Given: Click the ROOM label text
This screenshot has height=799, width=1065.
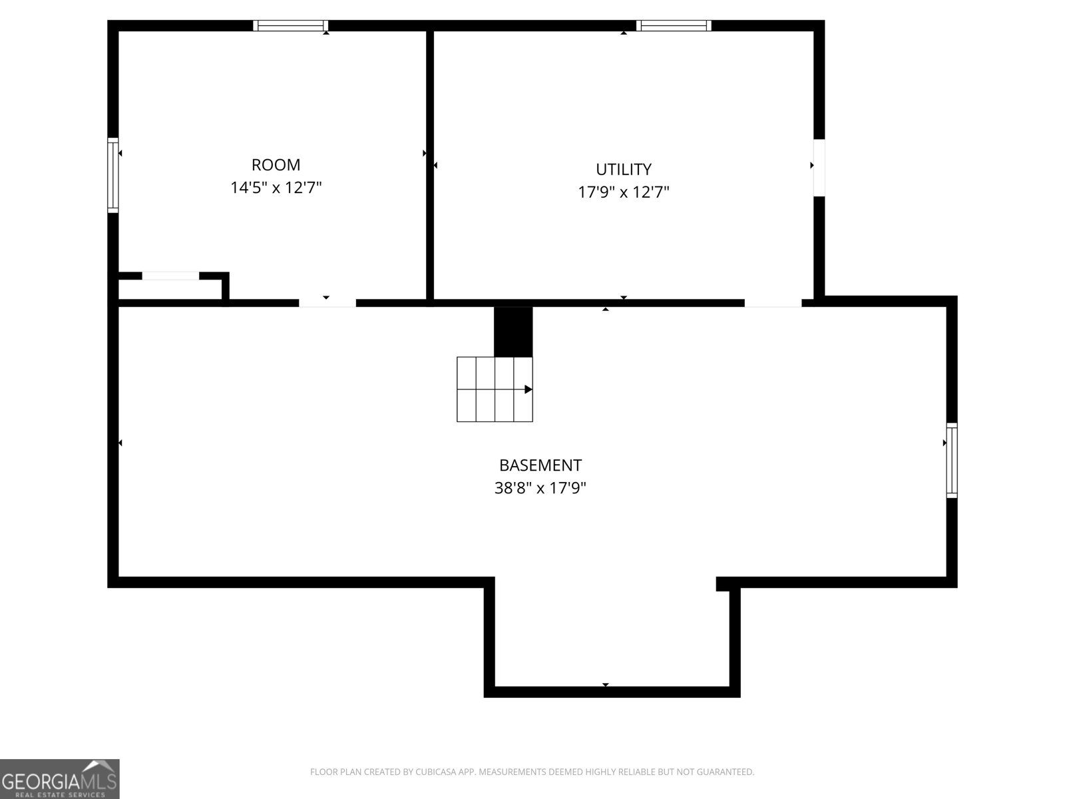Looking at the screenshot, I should pos(276,164).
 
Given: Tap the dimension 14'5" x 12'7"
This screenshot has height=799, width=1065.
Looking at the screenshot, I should pos(276,188).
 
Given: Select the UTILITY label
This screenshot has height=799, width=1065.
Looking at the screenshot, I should pos(623,169).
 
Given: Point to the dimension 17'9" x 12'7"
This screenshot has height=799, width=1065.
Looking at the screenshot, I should pos(623,192).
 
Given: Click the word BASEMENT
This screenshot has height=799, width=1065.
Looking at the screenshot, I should pos(540,465).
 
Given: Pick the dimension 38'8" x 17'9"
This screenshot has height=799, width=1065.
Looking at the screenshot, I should pos(540,488).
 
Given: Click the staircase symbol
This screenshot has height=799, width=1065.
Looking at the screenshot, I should pos(495,390).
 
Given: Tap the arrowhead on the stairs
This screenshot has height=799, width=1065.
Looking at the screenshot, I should pos(528,390).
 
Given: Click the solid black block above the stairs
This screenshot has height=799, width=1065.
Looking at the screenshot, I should pos(513,331).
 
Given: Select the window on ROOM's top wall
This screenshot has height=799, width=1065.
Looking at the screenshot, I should pos(292,26).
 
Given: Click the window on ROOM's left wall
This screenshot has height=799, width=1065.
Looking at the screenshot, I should pos(113,175).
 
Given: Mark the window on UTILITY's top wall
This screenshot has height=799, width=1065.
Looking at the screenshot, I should pos(674,26).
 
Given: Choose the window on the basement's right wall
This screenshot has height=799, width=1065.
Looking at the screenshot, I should pos(952,460).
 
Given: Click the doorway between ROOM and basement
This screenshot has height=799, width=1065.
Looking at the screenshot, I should pos(327,303).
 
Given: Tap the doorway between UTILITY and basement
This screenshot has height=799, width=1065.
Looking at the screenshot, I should pos(772,303).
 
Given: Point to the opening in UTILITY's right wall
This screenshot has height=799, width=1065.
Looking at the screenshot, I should pos(819,167).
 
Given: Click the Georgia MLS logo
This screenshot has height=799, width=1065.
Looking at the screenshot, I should pos(60,778).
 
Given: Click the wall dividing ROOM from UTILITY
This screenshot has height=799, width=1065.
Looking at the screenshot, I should pos(430,166).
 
